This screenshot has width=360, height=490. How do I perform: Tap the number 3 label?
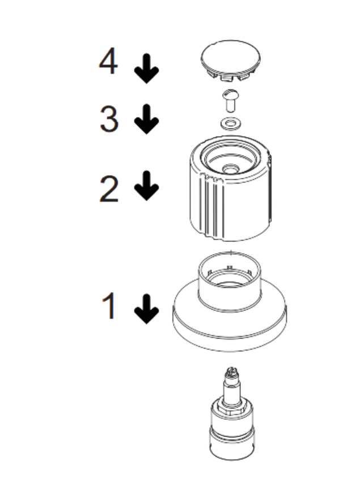tap(109, 119)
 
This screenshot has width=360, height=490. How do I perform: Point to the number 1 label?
tap(109, 306)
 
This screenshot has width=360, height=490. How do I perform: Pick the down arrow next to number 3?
tap(146, 120)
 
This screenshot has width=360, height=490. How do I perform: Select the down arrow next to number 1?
tap(146, 309)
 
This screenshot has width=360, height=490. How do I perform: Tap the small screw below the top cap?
tap(230, 105)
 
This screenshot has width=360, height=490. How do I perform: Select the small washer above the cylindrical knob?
tap(230, 123)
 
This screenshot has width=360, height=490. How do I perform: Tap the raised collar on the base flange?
tap(230, 280)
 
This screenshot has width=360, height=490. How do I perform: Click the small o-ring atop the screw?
tap(230, 93)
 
